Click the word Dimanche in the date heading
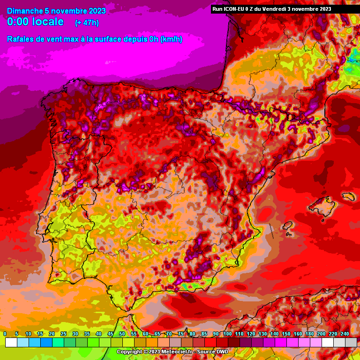[x=24, y=11]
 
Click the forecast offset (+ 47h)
[x=87, y=22]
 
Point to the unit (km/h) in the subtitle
[x=171, y=39]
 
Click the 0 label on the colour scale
[x=5, y=334]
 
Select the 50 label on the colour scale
[x=122, y=334]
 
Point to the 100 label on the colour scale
[x=227, y=334]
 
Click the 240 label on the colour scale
[x=345, y=334]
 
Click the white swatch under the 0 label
[x=11, y=343]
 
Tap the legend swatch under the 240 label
[x=351, y=343]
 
